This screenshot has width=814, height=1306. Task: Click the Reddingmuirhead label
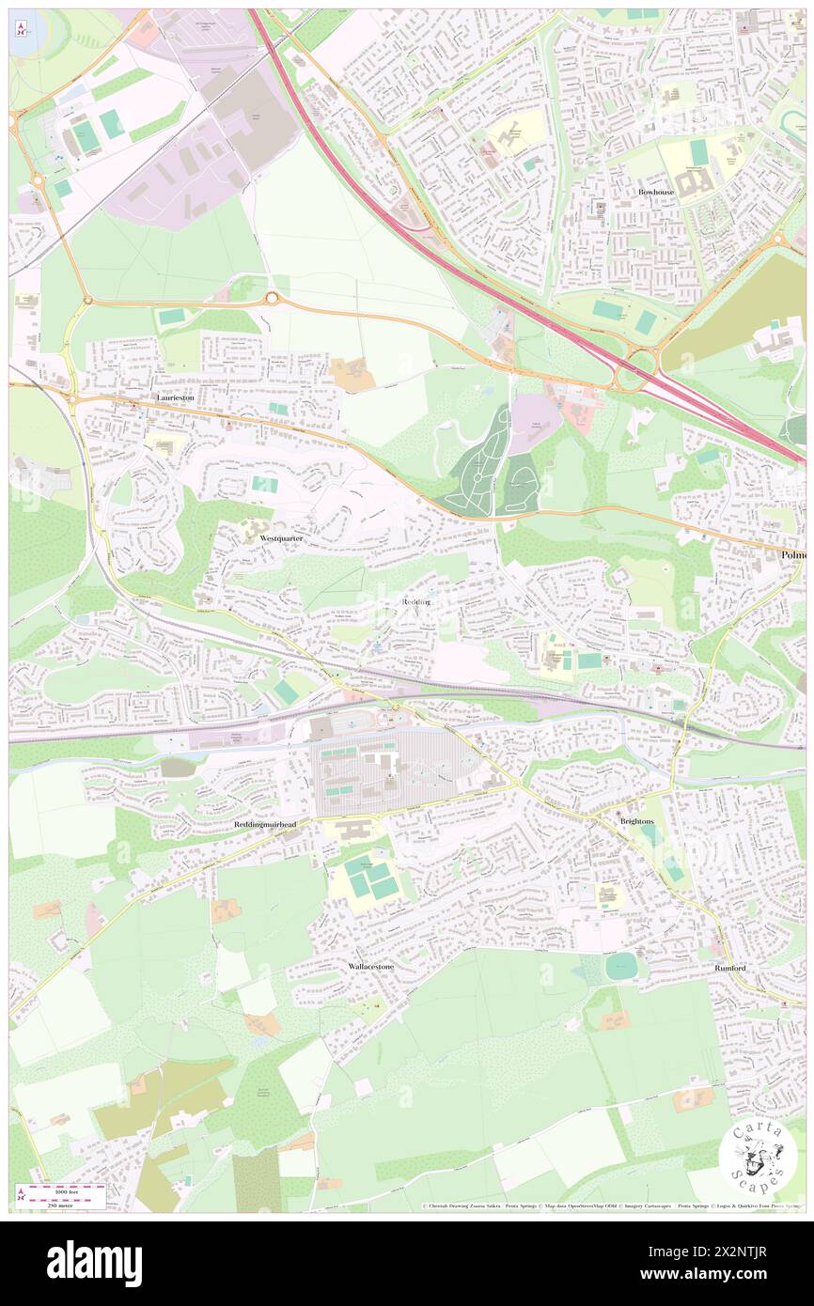pyautogui.click(x=265, y=824)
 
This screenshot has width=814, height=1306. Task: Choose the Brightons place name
pyautogui.click(x=636, y=820)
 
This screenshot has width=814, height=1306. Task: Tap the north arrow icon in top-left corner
pyautogui.click(x=22, y=30)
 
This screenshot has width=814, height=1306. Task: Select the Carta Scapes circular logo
pyautogui.click(x=758, y=1158)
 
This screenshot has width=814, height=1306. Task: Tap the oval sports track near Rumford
pyautogui.click(x=620, y=966)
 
